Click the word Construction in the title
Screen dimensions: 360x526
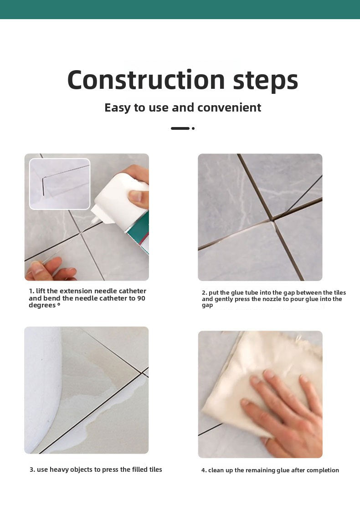tap(146, 80)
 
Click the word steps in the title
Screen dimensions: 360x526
tap(266, 81)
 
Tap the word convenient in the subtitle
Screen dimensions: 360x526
tap(229, 107)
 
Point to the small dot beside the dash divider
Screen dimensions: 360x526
tap(193, 128)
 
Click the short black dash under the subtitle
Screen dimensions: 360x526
tap(180, 128)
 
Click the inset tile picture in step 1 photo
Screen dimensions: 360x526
tap(60, 184)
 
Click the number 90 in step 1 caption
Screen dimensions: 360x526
tap(141, 298)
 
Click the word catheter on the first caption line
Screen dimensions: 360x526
tap(133, 291)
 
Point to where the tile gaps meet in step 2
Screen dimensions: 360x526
tap(272, 220)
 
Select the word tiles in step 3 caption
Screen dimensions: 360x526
tap(155, 470)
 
